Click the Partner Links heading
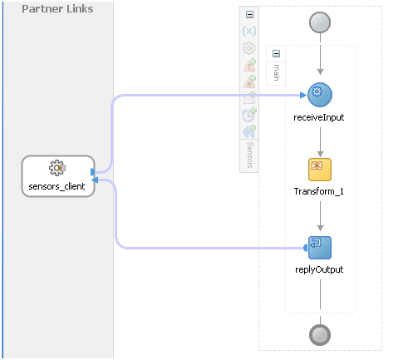pyautogui.click(x=57, y=9)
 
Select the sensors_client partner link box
pyautogui.click(x=57, y=176)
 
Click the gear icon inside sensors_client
pyautogui.click(x=57, y=168)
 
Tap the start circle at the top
pyautogui.click(x=320, y=22)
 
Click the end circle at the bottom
pyautogui.click(x=320, y=333)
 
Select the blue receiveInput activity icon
pyautogui.click(x=320, y=96)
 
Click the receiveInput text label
pyautogui.click(x=320, y=117)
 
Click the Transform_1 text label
pyautogui.click(x=319, y=192)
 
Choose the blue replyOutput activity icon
pyautogui.click(x=320, y=247)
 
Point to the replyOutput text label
pyautogui.click(x=320, y=269)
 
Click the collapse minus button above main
pyautogui.click(x=277, y=54)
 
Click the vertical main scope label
pyautogui.click(x=277, y=73)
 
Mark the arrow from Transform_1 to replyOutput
pyautogui.click(x=320, y=218)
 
